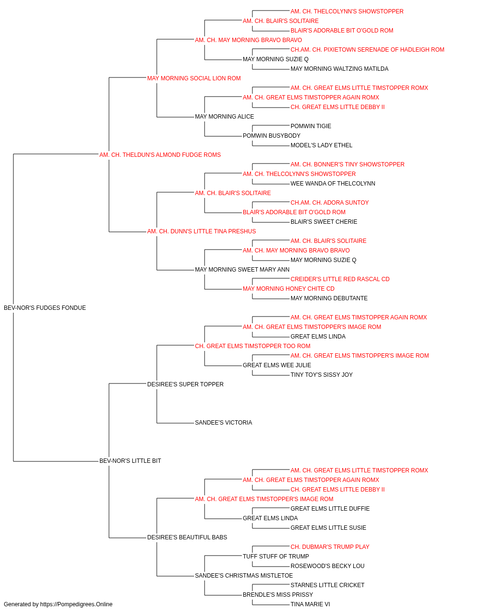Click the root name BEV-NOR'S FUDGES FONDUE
pos(45,308)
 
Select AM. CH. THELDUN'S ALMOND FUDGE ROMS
pos(160,155)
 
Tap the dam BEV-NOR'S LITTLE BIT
pos(130,461)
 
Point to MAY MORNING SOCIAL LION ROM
pos(194,78)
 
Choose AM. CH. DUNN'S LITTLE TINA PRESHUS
pos(202,231)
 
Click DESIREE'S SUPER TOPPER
pos(185,384)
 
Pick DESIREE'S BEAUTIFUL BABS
pos(187,537)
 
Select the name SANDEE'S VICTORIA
pos(224,423)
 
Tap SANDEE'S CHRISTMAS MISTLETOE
pos(244,575)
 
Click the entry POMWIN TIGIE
pos(311,126)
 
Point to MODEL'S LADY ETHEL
pos(321,145)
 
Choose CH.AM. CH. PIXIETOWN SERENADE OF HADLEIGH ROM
pos(368,50)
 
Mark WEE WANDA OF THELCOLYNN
pos(333,184)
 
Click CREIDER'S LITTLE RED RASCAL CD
pos(340,279)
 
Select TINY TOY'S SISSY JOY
pos(322,374)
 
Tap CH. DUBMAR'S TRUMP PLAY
pos(330,546)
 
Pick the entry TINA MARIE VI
pos(310,604)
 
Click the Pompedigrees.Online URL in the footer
pos(76,604)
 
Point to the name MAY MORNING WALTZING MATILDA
pos(339,69)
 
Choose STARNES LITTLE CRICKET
pos(327,585)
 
